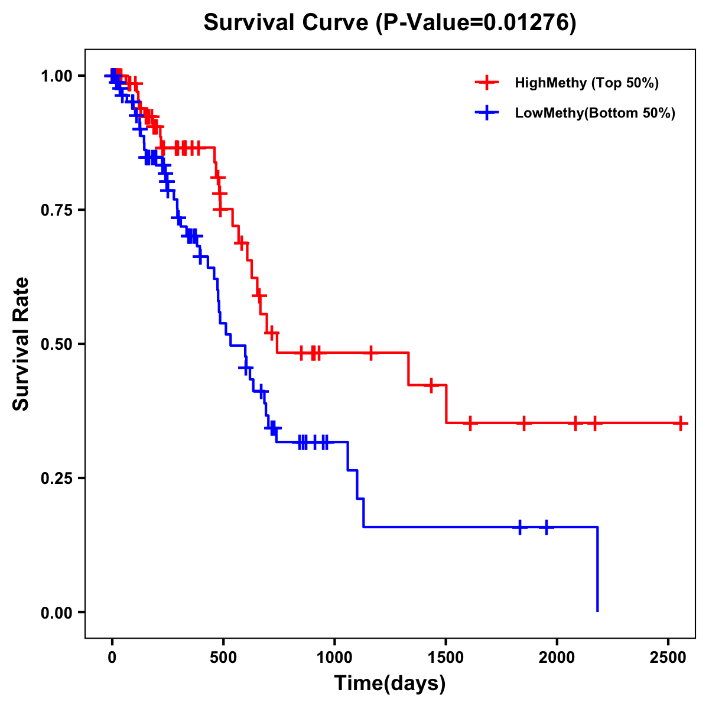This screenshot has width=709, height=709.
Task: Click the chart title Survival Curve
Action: (x=389, y=23)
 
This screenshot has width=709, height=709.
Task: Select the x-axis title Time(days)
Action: (x=390, y=683)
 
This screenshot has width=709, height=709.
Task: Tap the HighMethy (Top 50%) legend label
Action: (x=586, y=83)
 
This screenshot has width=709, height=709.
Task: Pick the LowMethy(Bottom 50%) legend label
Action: (x=594, y=113)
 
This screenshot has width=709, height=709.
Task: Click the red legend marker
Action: (x=487, y=83)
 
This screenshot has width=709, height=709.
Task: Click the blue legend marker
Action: (x=487, y=113)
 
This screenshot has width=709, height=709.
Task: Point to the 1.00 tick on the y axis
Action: (x=56, y=76)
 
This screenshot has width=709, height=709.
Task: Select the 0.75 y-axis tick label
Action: (x=56, y=210)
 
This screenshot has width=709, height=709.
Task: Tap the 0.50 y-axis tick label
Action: (x=56, y=344)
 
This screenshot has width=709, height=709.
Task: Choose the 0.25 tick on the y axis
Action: (x=56, y=478)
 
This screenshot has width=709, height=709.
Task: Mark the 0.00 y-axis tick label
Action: (x=56, y=612)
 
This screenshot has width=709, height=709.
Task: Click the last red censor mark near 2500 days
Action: (x=681, y=423)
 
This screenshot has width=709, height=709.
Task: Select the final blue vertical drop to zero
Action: (x=597, y=568)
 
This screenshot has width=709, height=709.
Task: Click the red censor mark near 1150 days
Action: (x=370, y=353)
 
